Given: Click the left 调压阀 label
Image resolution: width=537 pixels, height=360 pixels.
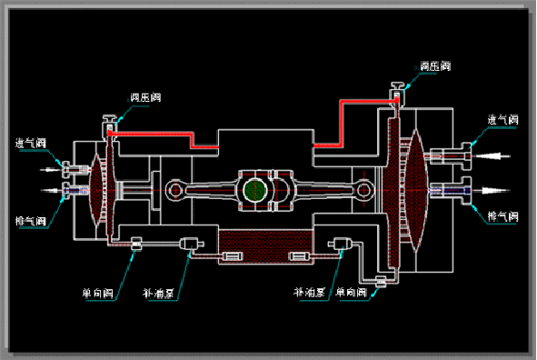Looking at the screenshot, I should coord(147,96).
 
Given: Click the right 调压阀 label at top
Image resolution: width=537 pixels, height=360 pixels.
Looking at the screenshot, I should coord(434,66).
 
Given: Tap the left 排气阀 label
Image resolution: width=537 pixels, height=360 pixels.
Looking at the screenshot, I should coord(30,219).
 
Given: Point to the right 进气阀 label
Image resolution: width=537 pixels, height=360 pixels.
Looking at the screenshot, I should coord(502,120).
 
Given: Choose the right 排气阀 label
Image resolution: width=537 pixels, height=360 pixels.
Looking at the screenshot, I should coord(502,216).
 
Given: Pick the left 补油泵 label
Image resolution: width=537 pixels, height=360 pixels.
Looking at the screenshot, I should coord(159,294).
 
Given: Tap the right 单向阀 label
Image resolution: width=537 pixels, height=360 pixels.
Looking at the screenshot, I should coord(351,293).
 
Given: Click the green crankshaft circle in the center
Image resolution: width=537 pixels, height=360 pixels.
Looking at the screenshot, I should coord(255,190).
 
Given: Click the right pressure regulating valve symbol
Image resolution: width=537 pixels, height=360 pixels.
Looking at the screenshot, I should coord(396,95).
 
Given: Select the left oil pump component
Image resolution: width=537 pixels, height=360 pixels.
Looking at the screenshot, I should coord(190,243).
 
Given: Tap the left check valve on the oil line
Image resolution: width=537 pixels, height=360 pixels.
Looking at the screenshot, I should coord(136,243).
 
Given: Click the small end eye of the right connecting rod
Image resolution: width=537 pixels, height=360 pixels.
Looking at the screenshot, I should coord(365,191).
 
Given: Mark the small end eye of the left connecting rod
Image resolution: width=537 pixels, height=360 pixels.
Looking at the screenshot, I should coord(174,190).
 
